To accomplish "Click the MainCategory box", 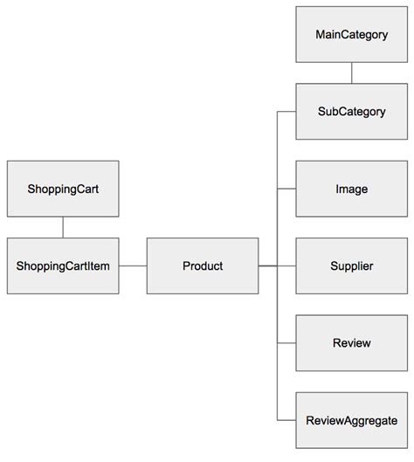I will (x=351, y=35).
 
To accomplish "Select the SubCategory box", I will (x=351, y=112).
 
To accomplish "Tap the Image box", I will (x=351, y=189).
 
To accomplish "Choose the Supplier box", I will (x=351, y=265).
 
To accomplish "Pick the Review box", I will (x=351, y=342).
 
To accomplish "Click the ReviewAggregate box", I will (x=351, y=419).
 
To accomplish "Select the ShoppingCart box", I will (x=63, y=189).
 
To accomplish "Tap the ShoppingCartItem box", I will (x=63, y=265).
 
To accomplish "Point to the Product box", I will (x=203, y=265).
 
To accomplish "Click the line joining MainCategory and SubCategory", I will (x=351, y=73).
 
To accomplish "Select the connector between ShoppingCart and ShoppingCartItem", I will (x=63, y=227).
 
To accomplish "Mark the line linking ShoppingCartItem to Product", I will (x=133, y=265).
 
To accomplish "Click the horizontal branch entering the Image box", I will (x=286, y=189).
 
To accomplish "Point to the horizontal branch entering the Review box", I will (x=286, y=342).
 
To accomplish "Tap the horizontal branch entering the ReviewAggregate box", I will (x=286, y=419).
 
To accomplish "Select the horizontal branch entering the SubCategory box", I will (x=286, y=112).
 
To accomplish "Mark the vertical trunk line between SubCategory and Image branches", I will (x=277, y=150).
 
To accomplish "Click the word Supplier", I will (x=351, y=265).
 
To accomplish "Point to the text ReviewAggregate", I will (x=351, y=419).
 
